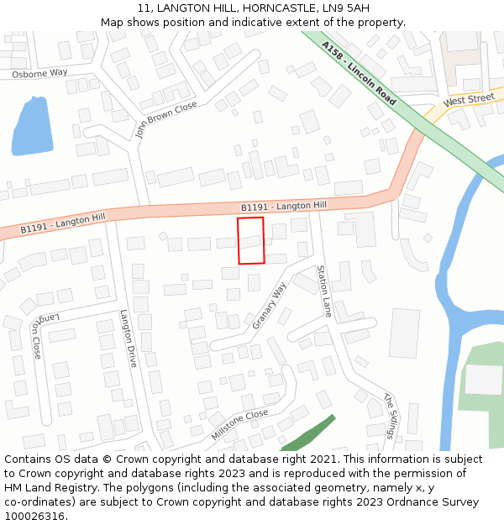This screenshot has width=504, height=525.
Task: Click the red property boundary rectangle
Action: (250, 240)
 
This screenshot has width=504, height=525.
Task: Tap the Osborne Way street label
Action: (39, 73)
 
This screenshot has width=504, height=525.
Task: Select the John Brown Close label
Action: (165, 119)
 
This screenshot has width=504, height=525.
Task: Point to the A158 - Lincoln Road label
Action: (359, 73)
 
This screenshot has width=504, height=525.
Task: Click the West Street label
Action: (469, 100)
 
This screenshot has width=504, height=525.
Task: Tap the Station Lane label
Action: (323, 291)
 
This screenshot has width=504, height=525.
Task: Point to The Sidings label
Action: (389, 415)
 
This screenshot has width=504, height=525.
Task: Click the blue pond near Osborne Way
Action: (31, 127)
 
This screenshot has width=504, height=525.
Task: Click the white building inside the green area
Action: (483, 379)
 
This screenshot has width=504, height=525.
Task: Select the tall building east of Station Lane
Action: (404, 333)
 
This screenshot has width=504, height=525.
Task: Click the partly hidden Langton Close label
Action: (35, 335)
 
